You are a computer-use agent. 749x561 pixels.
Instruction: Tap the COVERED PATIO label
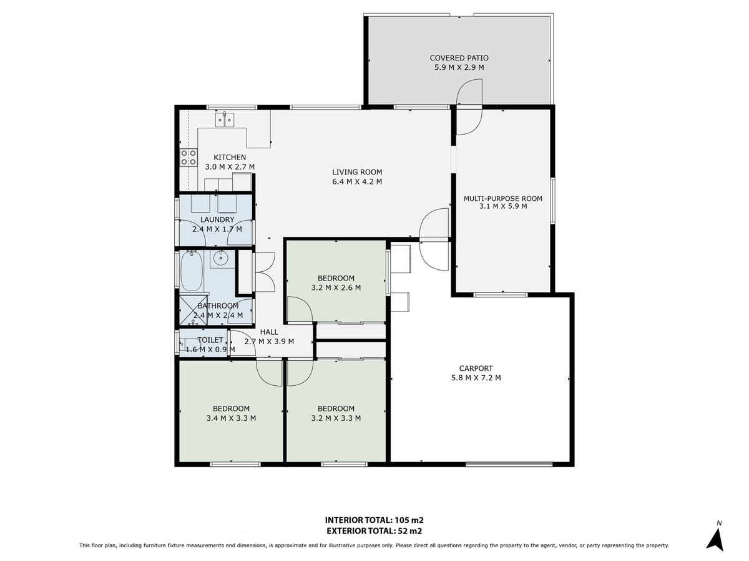[x=459, y=58]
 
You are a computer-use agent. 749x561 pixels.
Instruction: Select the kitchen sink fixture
[x=225, y=120]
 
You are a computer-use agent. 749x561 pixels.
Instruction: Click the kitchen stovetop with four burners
[x=188, y=157]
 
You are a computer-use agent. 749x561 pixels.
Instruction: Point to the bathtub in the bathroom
[x=191, y=271]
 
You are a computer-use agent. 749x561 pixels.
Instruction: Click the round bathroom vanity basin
[x=220, y=259]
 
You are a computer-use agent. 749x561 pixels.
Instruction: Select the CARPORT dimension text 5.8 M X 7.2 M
[x=476, y=378]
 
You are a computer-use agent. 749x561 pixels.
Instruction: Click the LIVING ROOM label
[x=357, y=172]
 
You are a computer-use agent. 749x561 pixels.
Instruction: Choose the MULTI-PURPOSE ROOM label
[x=503, y=199]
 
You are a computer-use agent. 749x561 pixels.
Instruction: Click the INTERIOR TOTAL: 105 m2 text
[x=374, y=520]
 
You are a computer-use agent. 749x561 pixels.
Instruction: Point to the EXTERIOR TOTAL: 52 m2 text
[x=374, y=531]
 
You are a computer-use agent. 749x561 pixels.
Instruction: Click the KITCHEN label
[x=230, y=157]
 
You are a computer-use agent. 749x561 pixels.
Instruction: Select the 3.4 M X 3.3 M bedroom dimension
[x=231, y=418]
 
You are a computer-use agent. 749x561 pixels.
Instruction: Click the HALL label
[x=269, y=332]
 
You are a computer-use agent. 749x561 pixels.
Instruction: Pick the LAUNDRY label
[x=217, y=219]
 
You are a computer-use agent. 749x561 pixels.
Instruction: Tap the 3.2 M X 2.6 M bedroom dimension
[x=336, y=287]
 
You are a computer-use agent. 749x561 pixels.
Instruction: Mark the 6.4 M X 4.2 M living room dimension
[x=357, y=181]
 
